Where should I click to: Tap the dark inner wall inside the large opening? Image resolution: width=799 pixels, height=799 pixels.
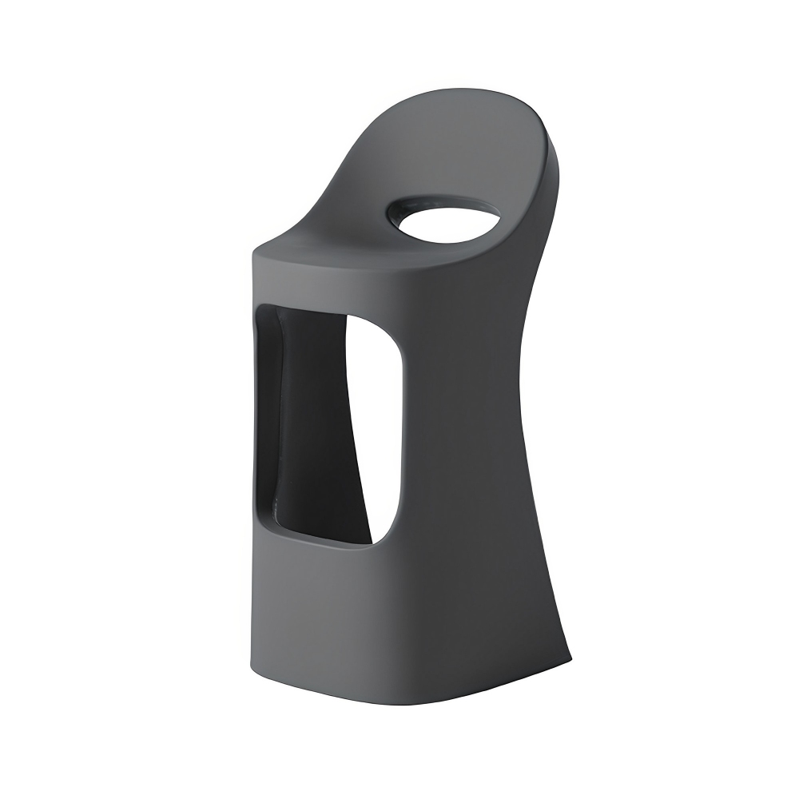pyautogui.click(x=312, y=415)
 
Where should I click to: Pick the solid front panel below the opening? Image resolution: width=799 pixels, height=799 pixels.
pyautogui.click(x=336, y=615)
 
